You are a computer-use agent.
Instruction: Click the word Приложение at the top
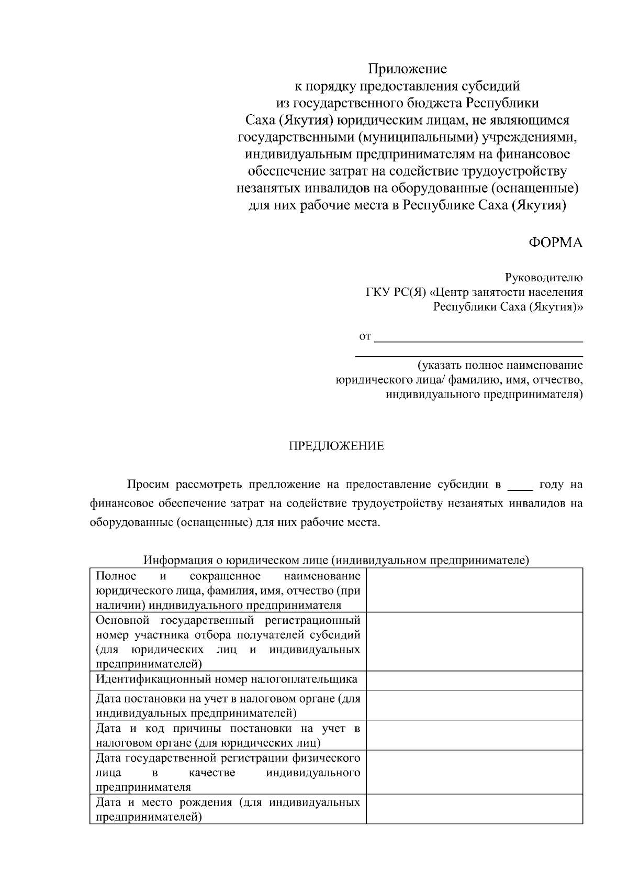[407, 69]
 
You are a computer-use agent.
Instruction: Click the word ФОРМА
[555, 243]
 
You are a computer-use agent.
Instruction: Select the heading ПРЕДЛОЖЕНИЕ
[337, 446]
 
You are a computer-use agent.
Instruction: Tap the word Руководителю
[543, 278]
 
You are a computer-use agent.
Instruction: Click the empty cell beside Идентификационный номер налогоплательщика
[474, 681]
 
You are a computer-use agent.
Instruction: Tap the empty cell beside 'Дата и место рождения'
[474, 809]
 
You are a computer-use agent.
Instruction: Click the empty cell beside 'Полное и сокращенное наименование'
[474, 590]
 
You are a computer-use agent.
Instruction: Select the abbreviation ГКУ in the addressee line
[378, 292]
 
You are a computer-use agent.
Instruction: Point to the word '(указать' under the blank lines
[438, 365]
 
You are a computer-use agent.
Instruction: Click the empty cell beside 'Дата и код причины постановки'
[474, 734]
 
